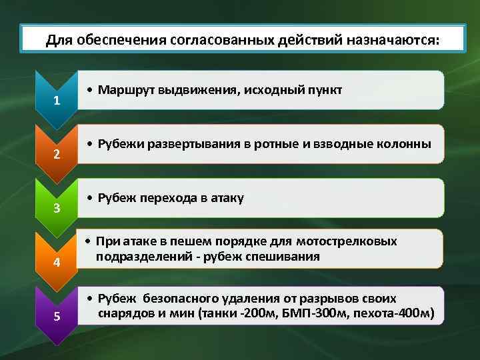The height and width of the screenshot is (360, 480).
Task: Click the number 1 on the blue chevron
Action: point(57,101)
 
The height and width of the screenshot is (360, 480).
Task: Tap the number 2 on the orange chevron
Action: point(57,155)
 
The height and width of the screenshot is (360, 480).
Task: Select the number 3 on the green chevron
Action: point(57,209)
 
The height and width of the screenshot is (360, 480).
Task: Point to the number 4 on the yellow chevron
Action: point(57,262)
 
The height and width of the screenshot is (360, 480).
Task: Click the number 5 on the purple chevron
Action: point(57,315)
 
